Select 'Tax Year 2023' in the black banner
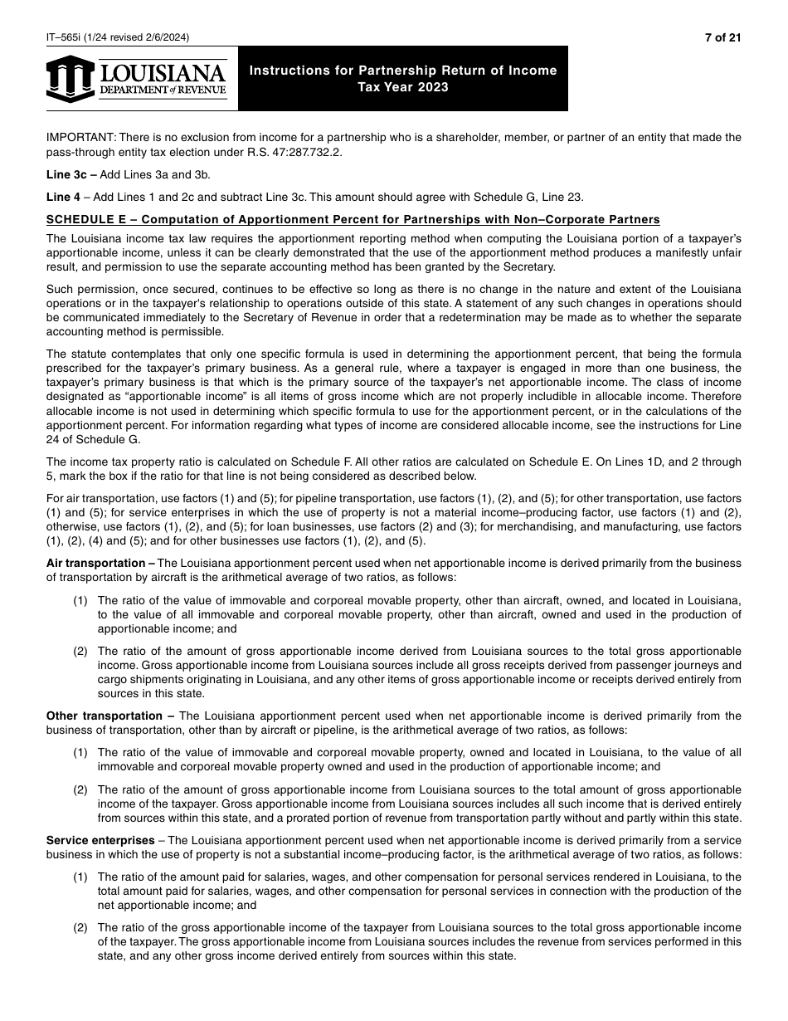[403, 87]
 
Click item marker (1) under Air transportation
[80, 600]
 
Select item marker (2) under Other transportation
[80, 790]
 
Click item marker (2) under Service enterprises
[80, 927]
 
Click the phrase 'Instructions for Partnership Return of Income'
[403, 71]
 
